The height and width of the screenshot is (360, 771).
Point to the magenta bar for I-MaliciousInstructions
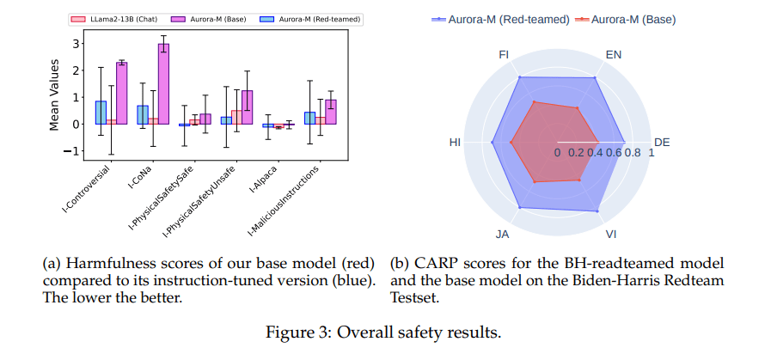331,112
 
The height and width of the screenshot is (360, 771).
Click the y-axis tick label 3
76,43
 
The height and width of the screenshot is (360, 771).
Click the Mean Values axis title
54,95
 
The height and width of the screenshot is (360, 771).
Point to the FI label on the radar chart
505,54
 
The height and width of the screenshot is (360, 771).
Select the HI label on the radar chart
456,142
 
